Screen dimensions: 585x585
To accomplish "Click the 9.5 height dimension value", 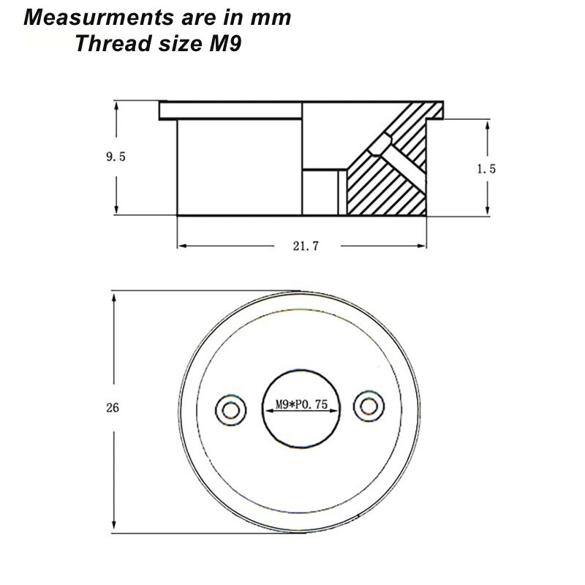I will (116, 156).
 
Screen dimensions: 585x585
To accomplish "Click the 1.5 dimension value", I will (486, 168).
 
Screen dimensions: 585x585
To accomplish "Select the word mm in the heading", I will (272, 18).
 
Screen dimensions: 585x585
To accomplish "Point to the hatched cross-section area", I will (388, 183).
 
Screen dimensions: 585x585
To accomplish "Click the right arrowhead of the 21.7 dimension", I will (424, 246).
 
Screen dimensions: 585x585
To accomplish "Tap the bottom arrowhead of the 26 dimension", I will (113, 528).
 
